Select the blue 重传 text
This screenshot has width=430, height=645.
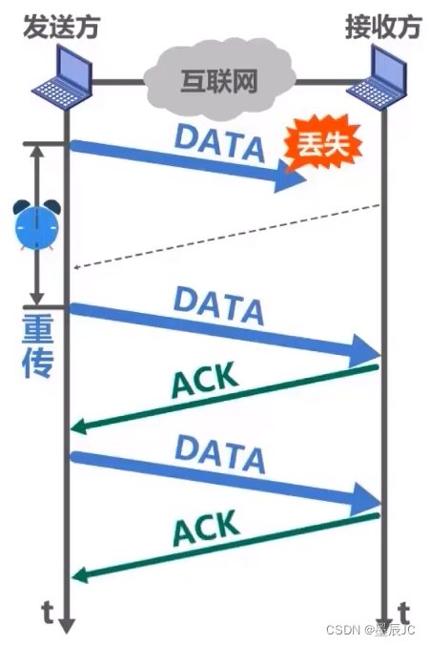click(x=37, y=349)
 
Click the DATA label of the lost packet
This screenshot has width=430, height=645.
click(x=219, y=142)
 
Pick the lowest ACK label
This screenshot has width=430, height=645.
click(x=204, y=528)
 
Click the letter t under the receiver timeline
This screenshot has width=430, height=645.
click(x=403, y=611)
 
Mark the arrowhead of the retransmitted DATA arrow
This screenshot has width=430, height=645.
click(x=368, y=351)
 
